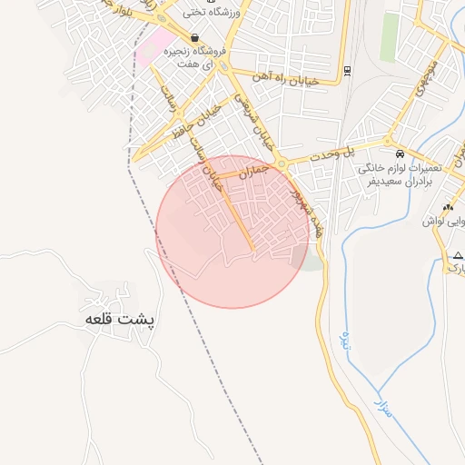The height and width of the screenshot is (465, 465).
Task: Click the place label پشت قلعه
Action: [x=120, y=320]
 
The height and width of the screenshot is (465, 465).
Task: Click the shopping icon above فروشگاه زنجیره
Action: [x=195, y=37]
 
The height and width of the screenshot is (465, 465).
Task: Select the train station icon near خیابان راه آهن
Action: [x=348, y=71]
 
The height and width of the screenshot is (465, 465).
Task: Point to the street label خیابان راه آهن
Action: [x=287, y=80]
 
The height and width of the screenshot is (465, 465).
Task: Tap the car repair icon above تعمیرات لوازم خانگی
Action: [x=401, y=153]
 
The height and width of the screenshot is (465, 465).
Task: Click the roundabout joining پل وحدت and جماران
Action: [x=283, y=164]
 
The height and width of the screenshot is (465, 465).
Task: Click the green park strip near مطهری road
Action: [x=390, y=36]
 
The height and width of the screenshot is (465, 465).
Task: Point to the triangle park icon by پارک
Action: [x=452, y=257]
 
